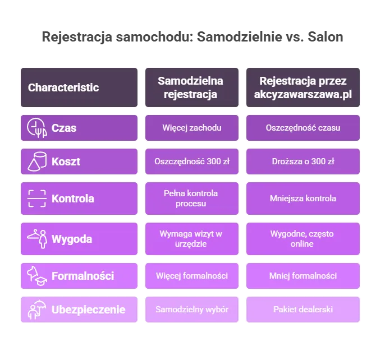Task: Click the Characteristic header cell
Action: [79, 87]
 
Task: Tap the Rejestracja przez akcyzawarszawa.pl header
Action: [302, 87]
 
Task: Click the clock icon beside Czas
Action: [36, 128]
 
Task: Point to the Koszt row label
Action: [66, 161]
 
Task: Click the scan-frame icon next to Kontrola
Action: [36, 198]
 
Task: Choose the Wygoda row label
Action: [71, 239]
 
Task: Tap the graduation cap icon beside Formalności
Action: [36, 275]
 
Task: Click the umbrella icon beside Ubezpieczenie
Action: [36, 310]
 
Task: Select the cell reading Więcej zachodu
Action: [191, 128]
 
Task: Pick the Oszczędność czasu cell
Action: [302, 128]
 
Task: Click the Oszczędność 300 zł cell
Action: [191, 161]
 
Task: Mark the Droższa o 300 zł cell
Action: [302, 161]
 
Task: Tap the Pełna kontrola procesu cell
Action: [191, 198]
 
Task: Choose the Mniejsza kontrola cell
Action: [302, 198]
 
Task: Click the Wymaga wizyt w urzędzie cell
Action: [191, 239]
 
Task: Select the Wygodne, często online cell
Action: [302, 239]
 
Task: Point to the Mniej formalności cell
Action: [302, 275]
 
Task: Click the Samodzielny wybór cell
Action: [191, 310]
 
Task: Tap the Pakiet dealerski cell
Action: [302, 310]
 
